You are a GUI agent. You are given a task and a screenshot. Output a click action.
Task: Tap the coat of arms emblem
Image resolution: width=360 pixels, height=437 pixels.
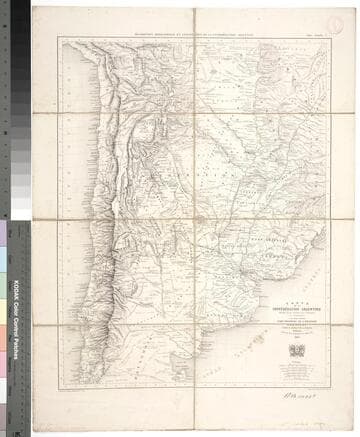296,350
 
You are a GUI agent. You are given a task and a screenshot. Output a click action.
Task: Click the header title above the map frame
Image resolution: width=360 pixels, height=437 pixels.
196,33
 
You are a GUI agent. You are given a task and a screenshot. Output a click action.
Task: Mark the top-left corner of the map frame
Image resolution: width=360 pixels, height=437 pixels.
58,38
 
